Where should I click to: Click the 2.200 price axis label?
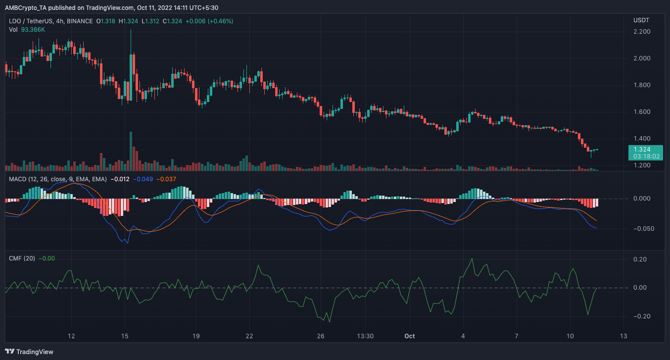point(641,32)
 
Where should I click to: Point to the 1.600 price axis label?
point(641,112)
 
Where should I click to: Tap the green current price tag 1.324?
point(641,149)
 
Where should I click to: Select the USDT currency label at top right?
point(641,20)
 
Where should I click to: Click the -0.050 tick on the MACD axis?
point(642,229)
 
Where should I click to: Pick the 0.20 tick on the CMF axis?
point(640,259)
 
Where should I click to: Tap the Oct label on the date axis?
point(409,336)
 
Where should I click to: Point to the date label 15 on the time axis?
point(125,336)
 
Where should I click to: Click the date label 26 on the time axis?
point(321,336)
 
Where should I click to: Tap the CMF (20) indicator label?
point(22,258)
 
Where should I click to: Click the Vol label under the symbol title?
point(13,30)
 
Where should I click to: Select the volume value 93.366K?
point(33,30)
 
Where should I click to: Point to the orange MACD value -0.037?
point(166,179)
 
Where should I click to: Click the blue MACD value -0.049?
point(142,179)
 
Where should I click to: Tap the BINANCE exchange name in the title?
point(80,21)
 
